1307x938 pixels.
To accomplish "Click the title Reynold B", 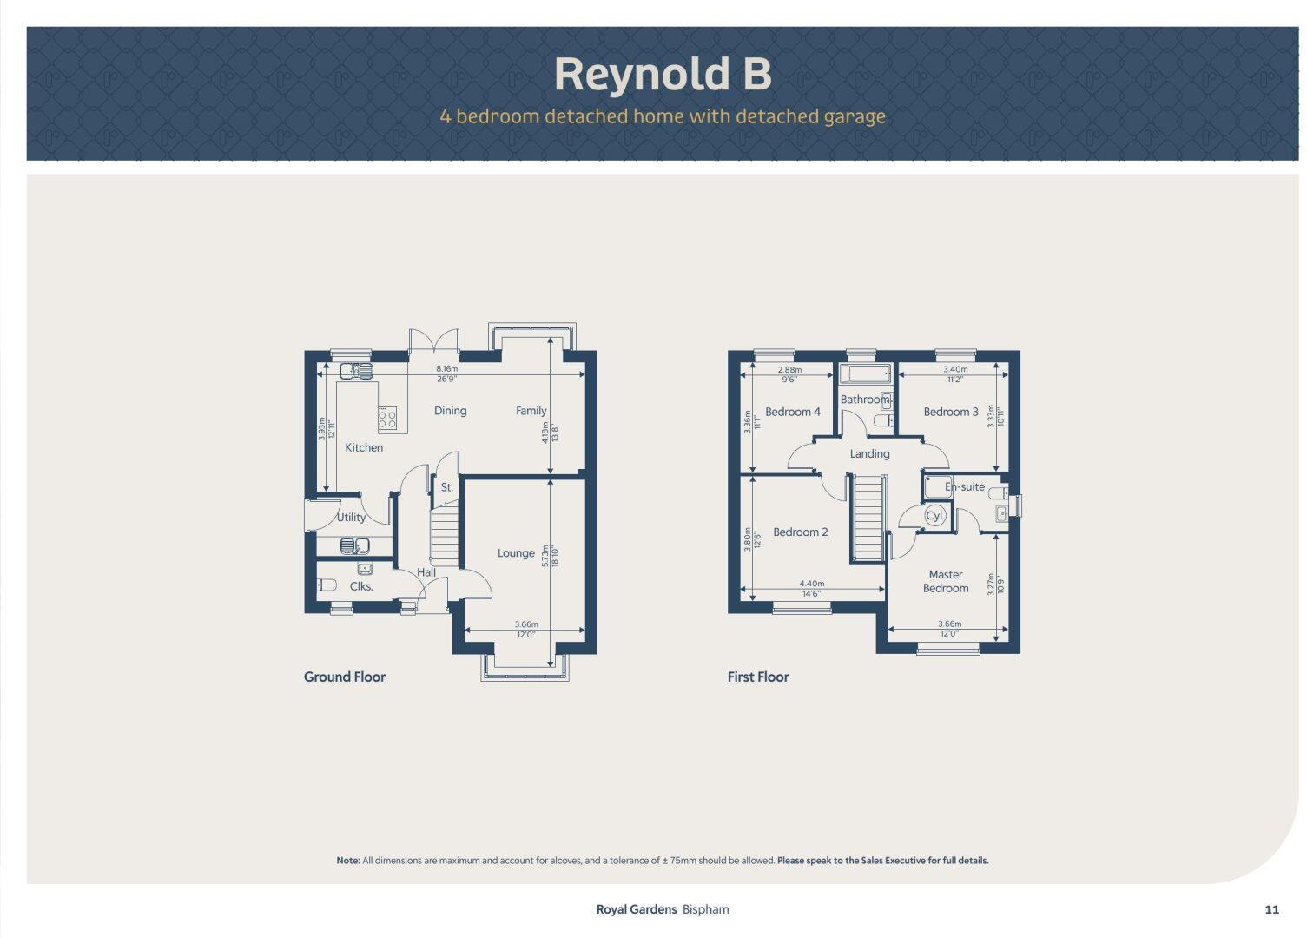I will [x=663, y=74].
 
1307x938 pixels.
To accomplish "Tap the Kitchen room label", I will [x=364, y=447].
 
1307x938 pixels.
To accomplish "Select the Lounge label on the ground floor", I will [x=516, y=553].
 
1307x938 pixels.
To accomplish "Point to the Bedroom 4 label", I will [x=793, y=412].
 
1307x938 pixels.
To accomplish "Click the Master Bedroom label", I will [x=946, y=581].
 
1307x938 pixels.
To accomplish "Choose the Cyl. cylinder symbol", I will [x=935, y=515].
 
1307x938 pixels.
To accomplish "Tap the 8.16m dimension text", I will [x=447, y=369].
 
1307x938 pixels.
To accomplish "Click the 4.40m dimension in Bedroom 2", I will [x=811, y=585].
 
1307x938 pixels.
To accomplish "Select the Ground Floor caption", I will [x=345, y=677].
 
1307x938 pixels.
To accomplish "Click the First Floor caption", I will [x=758, y=677].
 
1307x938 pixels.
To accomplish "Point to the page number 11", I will [x=1272, y=909].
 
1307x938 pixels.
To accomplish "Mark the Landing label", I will [x=869, y=453].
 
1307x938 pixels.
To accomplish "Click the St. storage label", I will [x=447, y=487].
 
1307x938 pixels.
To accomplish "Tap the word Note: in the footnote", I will [x=347, y=861].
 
